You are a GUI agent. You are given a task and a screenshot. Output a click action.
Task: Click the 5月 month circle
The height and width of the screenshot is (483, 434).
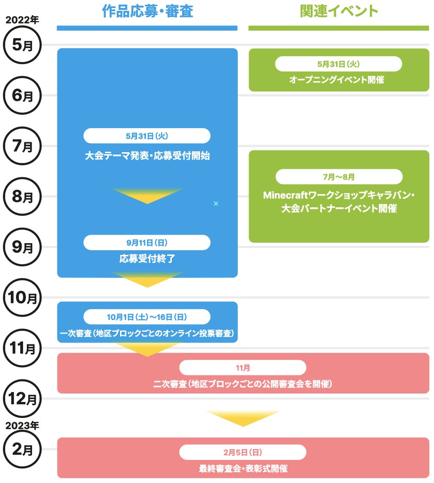22,45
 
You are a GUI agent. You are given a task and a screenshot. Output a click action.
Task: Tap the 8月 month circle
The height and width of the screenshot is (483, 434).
22,196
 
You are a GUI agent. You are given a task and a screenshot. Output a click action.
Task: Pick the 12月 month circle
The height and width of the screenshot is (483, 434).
22,399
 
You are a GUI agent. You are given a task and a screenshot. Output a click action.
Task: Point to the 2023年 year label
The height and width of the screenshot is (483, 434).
22,425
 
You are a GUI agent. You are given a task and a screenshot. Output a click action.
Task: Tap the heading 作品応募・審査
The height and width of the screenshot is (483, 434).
147,11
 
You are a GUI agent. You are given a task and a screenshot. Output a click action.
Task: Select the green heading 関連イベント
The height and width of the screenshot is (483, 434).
338,11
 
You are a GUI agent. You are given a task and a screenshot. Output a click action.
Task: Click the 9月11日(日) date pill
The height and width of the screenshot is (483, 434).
147,242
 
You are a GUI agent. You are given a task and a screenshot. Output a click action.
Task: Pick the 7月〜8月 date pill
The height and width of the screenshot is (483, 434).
339,177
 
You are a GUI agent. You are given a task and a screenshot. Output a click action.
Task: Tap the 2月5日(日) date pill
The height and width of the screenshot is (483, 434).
242,452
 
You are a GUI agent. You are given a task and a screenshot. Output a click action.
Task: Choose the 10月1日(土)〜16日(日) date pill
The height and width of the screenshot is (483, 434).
147,317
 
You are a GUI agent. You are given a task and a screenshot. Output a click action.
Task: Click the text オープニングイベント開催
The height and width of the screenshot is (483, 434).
337,80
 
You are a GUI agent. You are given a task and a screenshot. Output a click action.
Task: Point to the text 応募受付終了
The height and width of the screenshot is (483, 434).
147,258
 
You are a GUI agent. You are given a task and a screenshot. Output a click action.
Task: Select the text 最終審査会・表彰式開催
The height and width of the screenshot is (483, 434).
243,468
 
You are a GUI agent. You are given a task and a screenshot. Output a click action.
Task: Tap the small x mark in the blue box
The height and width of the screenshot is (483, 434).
216,203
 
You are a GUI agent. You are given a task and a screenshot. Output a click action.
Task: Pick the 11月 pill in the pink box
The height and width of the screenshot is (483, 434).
242,368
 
